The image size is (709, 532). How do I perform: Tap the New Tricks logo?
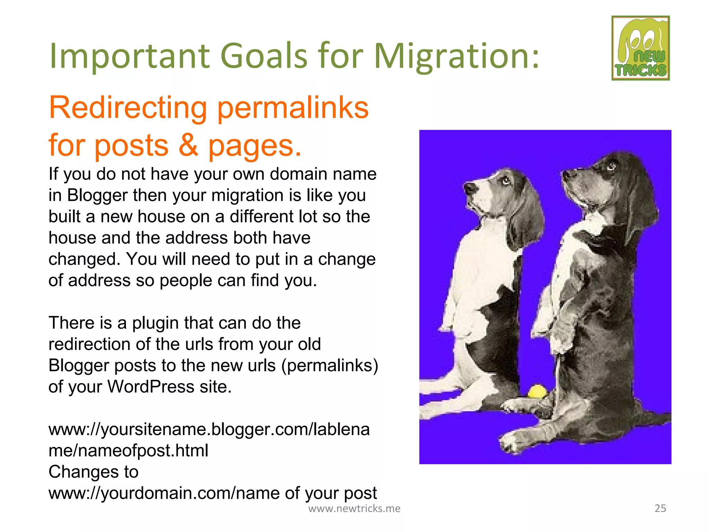[x=640, y=48]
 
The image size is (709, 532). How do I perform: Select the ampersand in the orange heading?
[x=188, y=145]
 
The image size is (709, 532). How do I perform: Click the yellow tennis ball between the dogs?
[x=537, y=391]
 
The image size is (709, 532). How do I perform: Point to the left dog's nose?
[x=470, y=188]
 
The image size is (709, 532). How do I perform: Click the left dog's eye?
[x=505, y=180]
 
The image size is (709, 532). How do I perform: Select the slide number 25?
[x=660, y=508]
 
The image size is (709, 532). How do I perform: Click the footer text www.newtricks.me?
[x=354, y=508]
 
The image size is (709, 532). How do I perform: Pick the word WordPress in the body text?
[x=151, y=387]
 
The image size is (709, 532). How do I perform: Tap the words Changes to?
[x=93, y=472]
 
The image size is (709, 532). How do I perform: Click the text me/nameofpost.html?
[x=128, y=451]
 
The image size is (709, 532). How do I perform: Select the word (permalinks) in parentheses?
[x=330, y=365]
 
